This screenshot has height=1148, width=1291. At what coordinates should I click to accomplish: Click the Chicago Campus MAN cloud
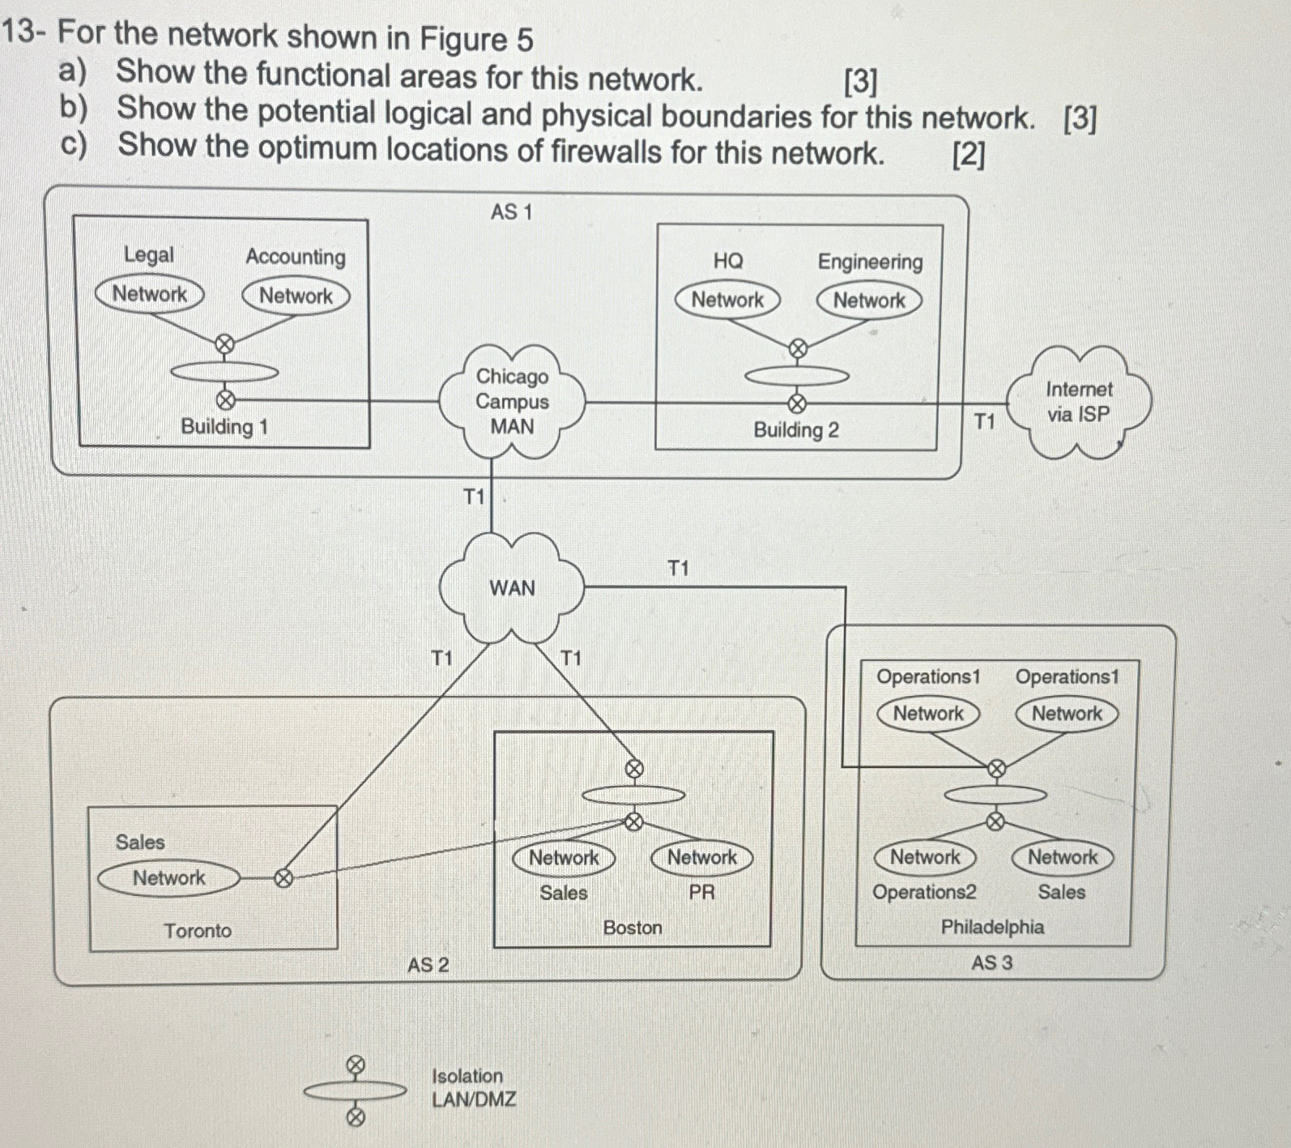(511, 401)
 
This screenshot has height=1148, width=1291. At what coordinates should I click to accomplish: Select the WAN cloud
(511, 587)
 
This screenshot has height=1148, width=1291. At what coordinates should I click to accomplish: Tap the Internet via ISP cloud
(1078, 403)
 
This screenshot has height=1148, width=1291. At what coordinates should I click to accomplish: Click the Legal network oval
(149, 294)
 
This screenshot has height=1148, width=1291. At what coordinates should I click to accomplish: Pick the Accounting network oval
(296, 296)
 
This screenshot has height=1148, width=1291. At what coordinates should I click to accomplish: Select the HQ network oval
(726, 300)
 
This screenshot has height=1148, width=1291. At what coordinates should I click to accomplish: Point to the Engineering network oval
(869, 301)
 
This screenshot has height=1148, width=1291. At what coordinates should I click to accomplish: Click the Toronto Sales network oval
(168, 878)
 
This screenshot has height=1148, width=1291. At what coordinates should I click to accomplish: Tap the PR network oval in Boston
(701, 857)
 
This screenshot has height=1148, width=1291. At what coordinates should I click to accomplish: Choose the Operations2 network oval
(924, 857)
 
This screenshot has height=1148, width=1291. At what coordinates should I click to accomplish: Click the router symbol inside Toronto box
(283, 878)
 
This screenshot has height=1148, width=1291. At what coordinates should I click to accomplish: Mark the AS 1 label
(511, 212)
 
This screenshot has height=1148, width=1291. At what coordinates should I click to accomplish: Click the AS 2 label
(428, 965)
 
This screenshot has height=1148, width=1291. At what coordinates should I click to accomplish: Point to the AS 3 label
(991, 963)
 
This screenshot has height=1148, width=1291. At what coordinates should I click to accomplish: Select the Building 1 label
(224, 427)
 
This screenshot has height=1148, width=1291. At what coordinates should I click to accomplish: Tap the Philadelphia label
(992, 927)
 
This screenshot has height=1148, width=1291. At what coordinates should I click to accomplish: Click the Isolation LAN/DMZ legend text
(473, 1087)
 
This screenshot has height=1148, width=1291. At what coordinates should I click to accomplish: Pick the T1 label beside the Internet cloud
(984, 421)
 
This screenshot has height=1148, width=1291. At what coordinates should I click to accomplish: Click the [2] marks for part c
(969, 154)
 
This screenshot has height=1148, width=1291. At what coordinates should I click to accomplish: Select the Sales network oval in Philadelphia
(1063, 857)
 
